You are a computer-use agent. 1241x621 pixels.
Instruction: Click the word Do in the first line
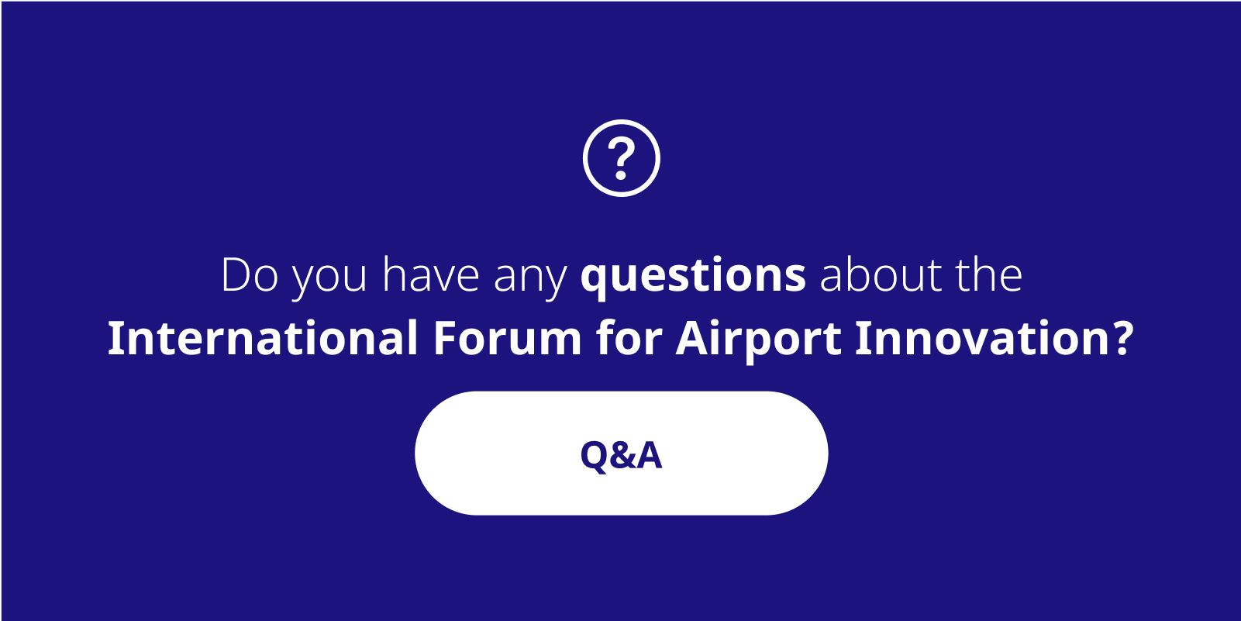[250, 274]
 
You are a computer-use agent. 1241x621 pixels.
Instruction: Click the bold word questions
[692, 277]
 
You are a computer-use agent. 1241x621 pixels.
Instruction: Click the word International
[263, 337]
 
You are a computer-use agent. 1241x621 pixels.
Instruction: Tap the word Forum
[508, 338]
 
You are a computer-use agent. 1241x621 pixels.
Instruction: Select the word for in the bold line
[629, 337]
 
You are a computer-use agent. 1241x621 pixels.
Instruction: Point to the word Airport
[759, 341]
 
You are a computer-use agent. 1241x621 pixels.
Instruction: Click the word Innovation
[983, 337]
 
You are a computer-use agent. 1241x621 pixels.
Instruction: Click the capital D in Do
[236, 274]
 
